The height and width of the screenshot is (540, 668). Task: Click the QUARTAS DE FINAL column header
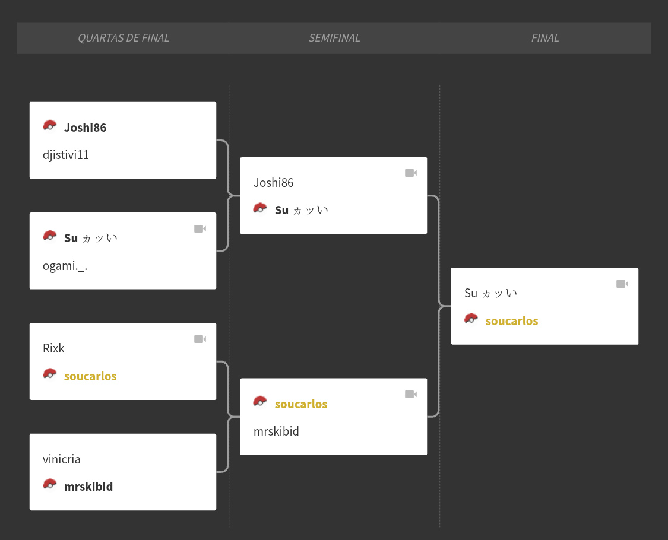(124, 38)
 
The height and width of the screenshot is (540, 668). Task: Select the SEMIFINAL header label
(334, 38)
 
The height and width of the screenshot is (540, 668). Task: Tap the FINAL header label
(545, 38)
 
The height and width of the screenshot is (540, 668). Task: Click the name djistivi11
(66, 155)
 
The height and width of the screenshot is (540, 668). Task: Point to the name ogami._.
(65, 266)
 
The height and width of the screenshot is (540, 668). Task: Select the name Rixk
(53, 348)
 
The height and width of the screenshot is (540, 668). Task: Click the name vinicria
(62, 459)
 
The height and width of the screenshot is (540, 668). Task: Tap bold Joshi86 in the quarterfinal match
(85, 128)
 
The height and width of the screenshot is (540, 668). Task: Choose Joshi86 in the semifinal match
(274, 183)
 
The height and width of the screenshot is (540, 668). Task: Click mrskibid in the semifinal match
(276, 431)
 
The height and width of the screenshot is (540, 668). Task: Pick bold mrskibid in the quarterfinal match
(88, 487)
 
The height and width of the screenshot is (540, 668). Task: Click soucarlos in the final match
(512, 320)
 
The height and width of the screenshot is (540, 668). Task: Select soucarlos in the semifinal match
(301, 404)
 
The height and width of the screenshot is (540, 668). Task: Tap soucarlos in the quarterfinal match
(90, 376)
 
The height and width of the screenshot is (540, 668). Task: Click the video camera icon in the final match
(622, 284)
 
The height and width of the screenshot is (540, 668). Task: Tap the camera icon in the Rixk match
(200, 339)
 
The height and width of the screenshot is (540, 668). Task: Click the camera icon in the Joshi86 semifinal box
(411, 173)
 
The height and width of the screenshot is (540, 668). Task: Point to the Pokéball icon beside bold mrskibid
(50, 485)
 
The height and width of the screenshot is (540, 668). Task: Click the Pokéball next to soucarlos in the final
(471, 319)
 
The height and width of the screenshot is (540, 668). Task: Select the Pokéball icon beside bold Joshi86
(50, 126)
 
